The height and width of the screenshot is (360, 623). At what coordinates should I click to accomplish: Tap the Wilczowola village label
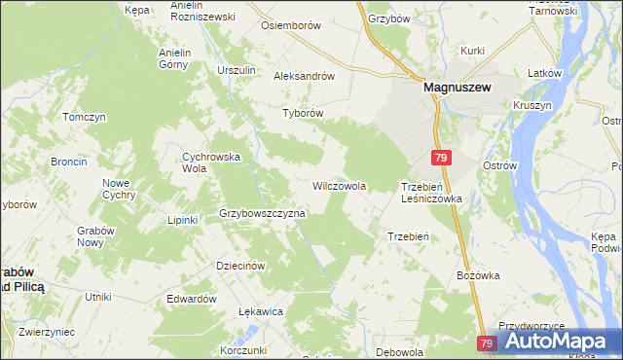(x=339, y=185)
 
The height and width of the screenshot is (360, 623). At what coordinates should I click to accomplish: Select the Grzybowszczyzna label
(x=263, y=212)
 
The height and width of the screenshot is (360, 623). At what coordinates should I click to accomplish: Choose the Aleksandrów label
(x=305, y=75)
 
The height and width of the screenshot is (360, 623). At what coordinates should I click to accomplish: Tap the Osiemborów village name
(x=290, y=25)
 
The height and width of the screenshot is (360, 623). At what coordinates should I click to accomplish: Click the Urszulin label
(x=237, y=71)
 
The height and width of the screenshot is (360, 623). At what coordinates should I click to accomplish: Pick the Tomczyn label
(x=84, y=117)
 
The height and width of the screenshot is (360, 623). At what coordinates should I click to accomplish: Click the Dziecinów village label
(x=240, y=266)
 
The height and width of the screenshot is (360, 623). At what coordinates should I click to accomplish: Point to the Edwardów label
(x=191, y=299)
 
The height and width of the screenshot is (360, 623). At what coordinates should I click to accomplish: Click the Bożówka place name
(x=478, y=275)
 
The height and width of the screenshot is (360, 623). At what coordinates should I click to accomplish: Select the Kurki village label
(x=473, y=50)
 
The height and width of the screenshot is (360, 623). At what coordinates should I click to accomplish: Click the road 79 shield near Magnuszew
(x=442, y=158)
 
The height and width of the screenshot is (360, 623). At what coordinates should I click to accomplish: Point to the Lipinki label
(x=182, y=220)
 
